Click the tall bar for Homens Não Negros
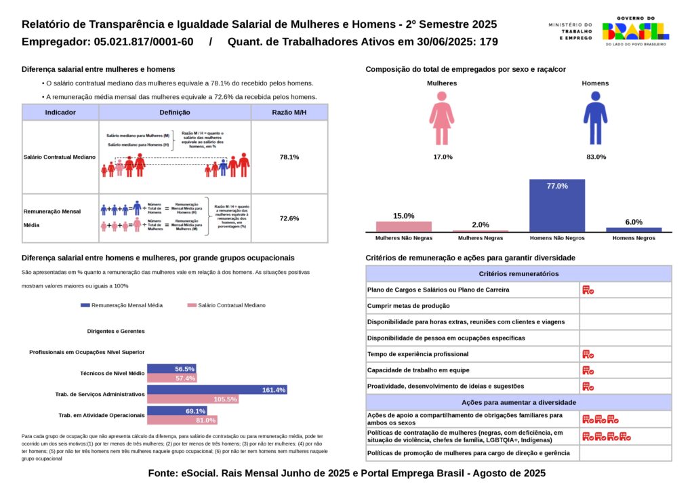[x=556, y=207]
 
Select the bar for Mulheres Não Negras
[x=403, y=227]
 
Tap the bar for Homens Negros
[x=634, y=229]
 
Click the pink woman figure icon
[x=442, y=119]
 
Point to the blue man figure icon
[x=595, y=119]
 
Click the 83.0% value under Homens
[x=596, y=157]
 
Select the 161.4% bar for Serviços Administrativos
[x=217, y=390]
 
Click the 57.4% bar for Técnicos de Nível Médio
[x=171, y=378]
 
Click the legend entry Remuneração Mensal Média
[x=121, y=306]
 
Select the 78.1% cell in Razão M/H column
[x=289, y=157]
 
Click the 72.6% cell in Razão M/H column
[x=289, y=218]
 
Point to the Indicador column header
[x=60, y=113]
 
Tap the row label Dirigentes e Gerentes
[x=116, y=332]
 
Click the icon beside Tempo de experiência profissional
[x=588, y=354]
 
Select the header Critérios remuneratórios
[x=518, y=274]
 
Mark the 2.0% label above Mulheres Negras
[x=481, y=224]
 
